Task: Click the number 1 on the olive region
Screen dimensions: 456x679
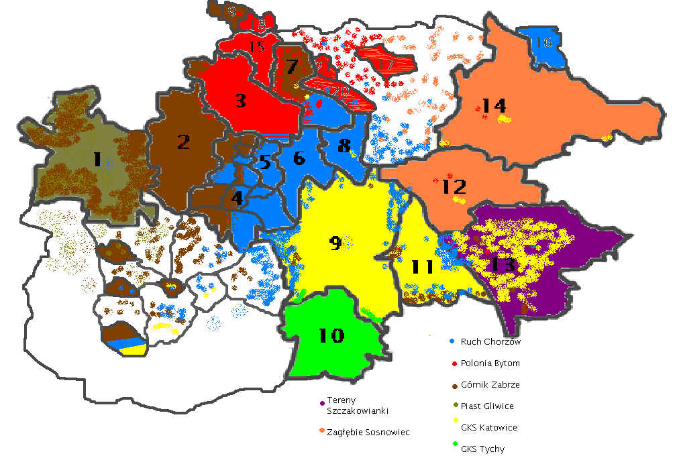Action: tap(97, 160)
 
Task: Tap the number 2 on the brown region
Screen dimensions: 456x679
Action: tap(183, 141)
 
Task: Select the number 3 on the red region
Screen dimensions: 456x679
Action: tap(240, 101)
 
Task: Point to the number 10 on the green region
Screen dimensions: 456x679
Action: tap(331, 335)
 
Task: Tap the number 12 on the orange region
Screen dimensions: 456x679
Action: tap(454, 186)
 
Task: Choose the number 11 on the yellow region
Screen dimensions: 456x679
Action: tap(423, 266)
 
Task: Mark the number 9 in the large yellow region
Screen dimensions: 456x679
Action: tap(335, 243)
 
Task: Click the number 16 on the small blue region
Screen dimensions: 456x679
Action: tap(543, 43)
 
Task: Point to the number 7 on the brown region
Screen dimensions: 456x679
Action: tap(291, 66)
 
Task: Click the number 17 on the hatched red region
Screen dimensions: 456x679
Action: tap(385, 64)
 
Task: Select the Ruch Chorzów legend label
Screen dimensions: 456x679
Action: tap(490, 341)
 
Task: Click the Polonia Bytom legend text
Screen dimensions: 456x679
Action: tap(490, 363)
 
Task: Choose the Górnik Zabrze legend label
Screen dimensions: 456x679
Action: tap(490, 385)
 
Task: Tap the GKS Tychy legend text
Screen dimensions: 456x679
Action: tap(482, 449)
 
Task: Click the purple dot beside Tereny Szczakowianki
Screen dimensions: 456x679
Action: tap(322, 403)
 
